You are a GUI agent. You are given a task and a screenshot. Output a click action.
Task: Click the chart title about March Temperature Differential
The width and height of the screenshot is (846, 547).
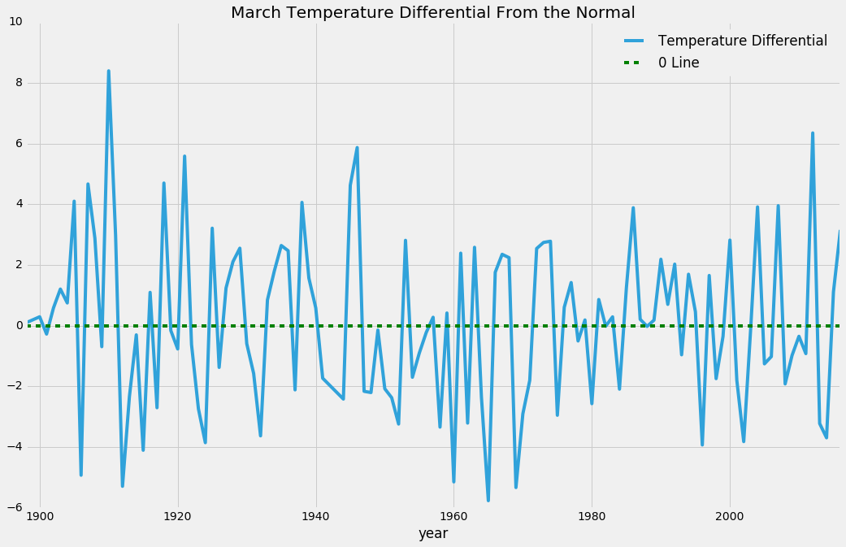(x=432, y=12)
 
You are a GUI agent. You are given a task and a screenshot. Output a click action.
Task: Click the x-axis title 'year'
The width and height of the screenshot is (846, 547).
(x=432, y=533)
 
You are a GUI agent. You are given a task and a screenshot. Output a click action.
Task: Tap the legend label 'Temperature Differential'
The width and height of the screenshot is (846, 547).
(x=742, y=41)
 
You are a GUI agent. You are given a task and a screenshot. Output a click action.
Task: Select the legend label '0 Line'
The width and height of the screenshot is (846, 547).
(x=679, y=63)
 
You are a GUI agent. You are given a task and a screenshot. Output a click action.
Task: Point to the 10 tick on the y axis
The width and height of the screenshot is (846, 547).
(x=15, y=21)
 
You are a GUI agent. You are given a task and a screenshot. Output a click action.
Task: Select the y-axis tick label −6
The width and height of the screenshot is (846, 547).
(x=14, y=507)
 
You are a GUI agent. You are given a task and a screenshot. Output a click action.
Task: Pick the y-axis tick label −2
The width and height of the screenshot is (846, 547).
(x=14, y=386)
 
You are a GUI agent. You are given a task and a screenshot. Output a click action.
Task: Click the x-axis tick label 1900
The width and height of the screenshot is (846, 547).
(x=40, y=516)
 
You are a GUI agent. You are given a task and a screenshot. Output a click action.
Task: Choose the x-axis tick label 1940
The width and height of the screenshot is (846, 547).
(x=315, y=516)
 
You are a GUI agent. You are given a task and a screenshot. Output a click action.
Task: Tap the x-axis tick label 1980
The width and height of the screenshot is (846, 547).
(x=592, y=516)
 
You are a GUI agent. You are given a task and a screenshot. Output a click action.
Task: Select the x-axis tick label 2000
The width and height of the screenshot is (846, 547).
(x=730, y=516)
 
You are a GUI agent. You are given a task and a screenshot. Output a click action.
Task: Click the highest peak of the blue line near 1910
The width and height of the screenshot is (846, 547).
(x=108, y=72)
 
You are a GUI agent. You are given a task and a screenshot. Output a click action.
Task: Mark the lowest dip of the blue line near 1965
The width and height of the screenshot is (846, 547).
(x=488, y=500)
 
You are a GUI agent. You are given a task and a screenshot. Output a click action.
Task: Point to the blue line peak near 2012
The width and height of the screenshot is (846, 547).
(x=812, y=133)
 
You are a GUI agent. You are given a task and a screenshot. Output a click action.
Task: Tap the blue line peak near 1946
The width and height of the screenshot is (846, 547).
(x=357, y=148)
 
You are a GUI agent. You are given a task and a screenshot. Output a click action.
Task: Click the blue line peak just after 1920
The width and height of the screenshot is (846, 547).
(x=184, y=156)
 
